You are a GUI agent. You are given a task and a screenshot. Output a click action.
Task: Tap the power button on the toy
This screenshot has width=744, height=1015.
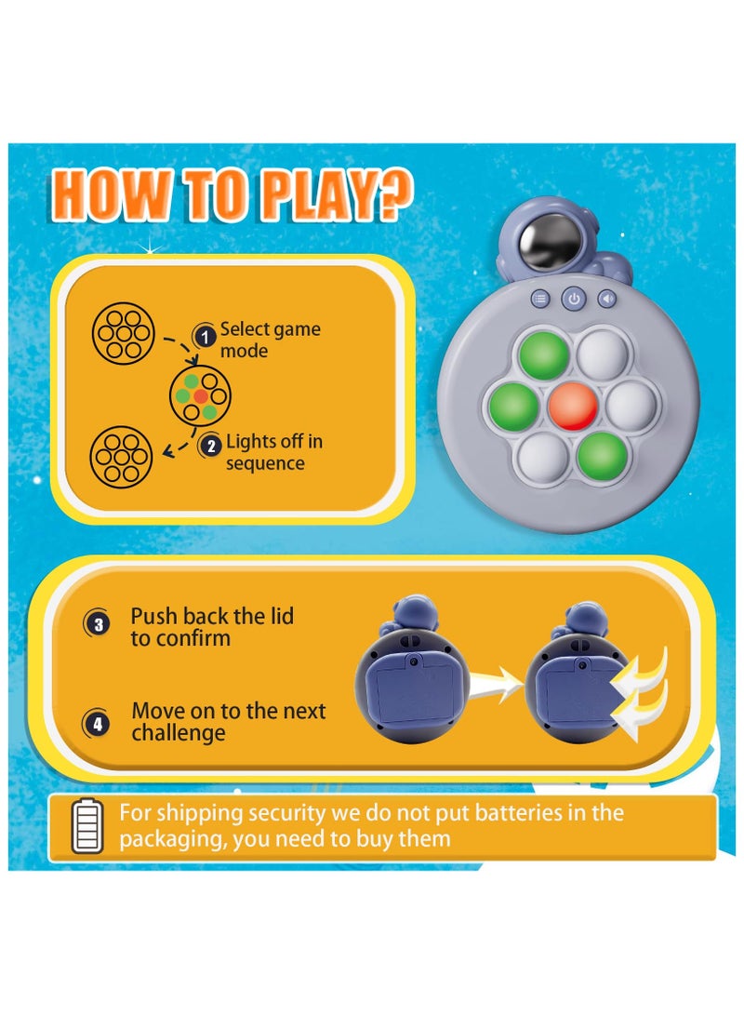(x=574, y=300)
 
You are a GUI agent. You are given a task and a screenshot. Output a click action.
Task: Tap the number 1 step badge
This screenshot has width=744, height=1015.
(x=204, y=336)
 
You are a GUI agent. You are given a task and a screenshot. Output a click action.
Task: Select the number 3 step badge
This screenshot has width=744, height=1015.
(x=99, y=625)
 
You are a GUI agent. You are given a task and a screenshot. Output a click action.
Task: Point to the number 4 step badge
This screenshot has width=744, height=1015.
(x=99, y=723)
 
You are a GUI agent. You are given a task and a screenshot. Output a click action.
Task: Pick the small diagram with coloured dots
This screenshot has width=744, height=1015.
(x=200, y=395)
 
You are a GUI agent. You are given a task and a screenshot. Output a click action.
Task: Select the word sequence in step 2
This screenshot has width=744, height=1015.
(x=265, y=463)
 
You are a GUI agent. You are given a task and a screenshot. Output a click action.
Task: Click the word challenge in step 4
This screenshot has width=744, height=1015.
(x=178, y=733)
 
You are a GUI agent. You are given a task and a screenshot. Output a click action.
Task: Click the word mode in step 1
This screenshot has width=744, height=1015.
(x=244, y=351)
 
